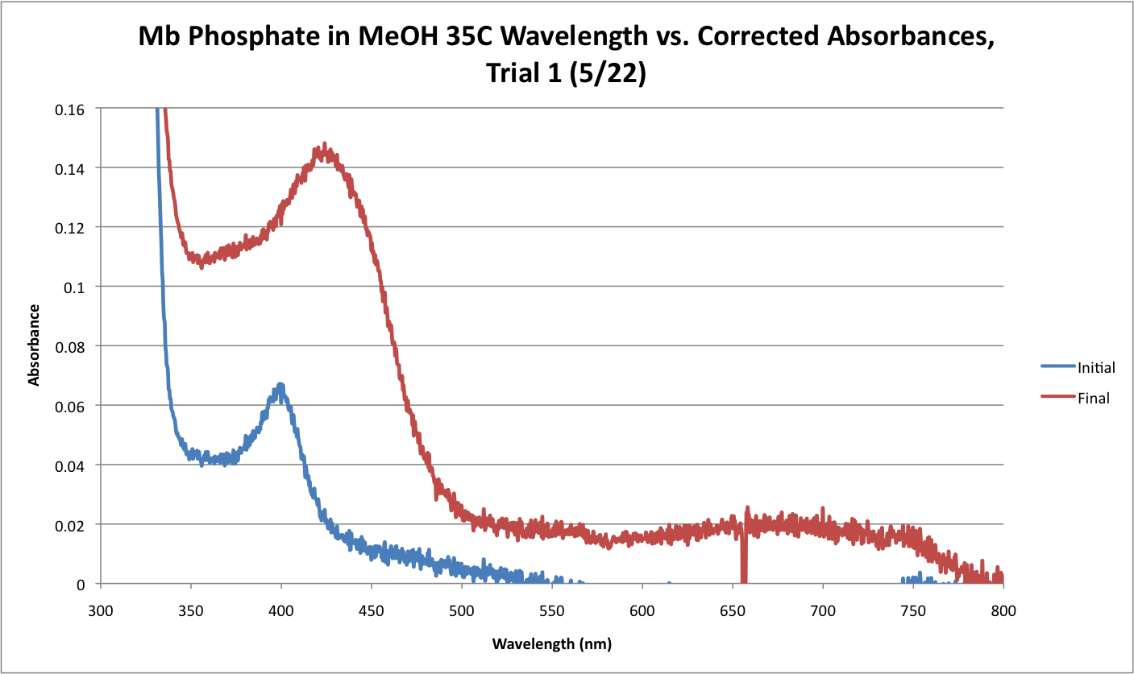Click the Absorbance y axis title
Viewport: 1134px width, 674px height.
[x=35, y=345]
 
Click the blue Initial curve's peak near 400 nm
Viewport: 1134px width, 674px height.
[x=280, y=386]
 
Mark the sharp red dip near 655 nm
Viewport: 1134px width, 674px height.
[x=744, y=564]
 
